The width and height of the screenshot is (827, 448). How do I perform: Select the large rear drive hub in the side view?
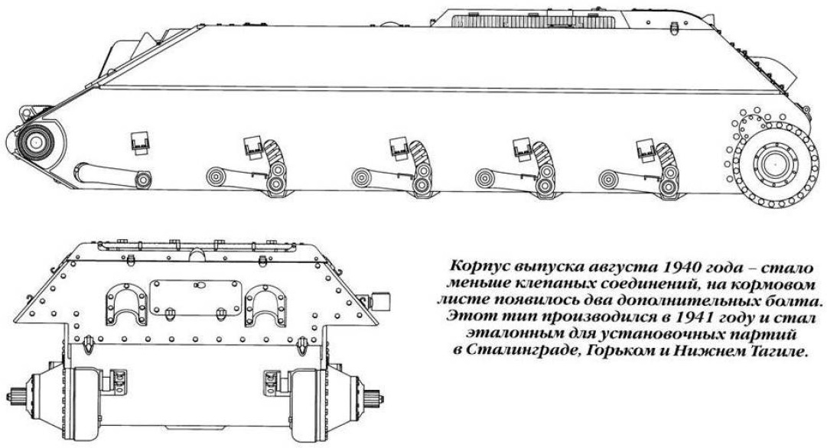tap(774, 164)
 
